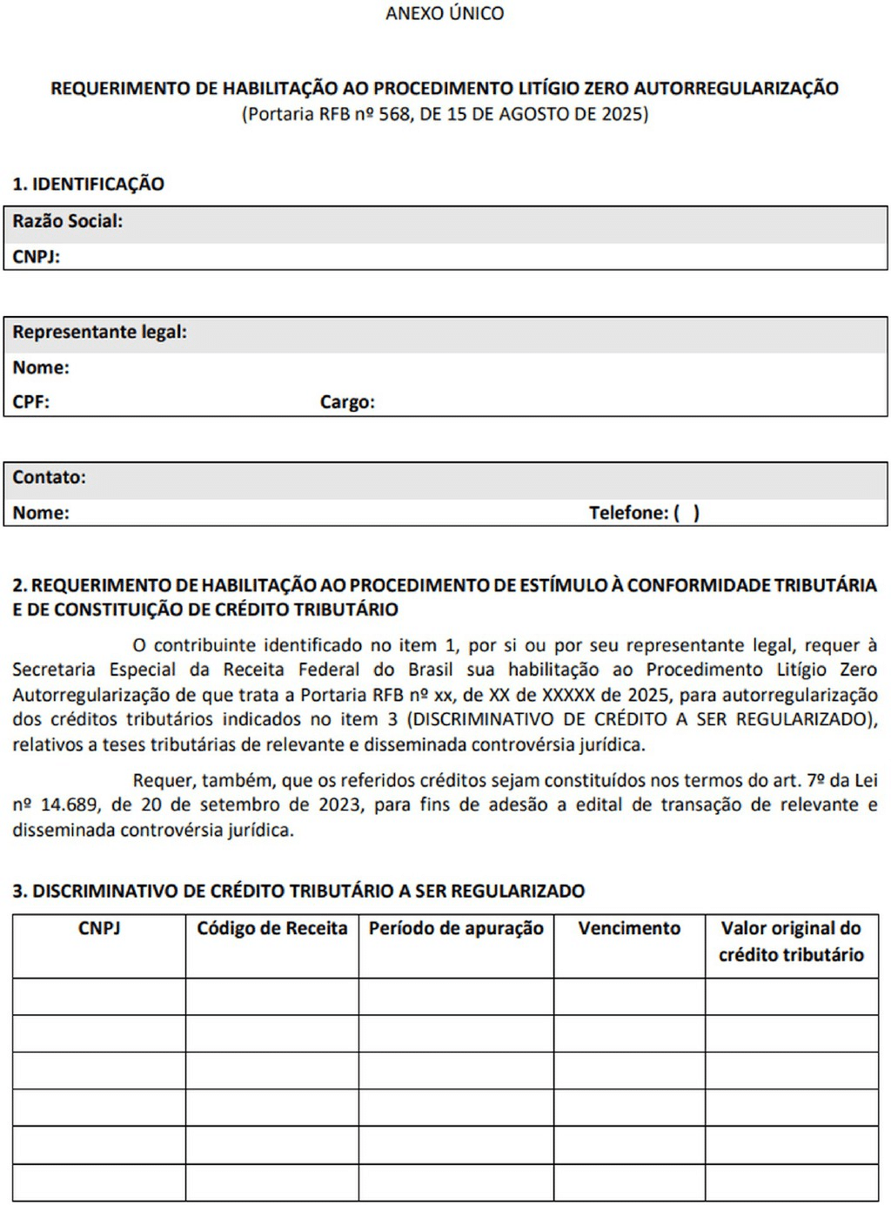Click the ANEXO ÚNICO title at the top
(445, 13)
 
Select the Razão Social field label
(67, 221)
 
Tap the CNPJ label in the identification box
(36, 257)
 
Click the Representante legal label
(99, 332)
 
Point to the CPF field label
(30, 402)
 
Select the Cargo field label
(347, 402)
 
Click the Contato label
(49, 477)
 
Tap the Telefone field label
(628, 513)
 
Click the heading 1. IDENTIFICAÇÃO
(88, 184)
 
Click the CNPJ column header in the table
(99, 928)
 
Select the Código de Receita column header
(271, 928)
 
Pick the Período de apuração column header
(456, 928)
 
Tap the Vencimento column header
(629, 928)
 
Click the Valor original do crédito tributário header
(791, 941)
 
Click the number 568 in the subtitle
(394, 114)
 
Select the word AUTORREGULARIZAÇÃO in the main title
(736, 88)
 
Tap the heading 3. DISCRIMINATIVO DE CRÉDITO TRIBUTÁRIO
(298, 891)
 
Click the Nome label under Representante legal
(40, 367)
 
